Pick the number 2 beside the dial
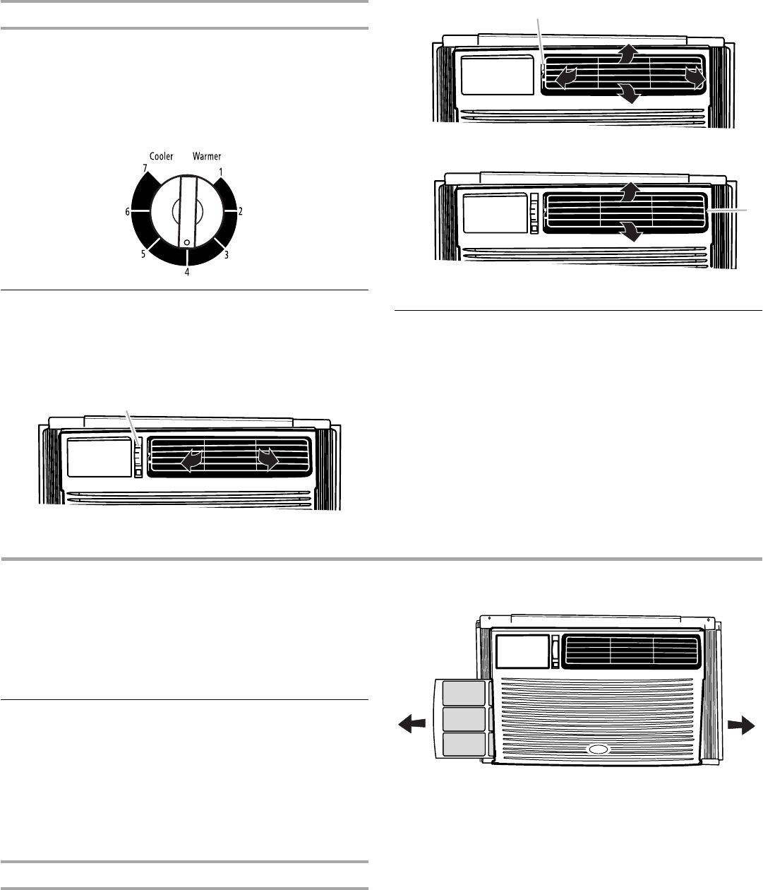[241, 211]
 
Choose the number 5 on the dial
[143, 254]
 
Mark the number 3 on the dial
[226, 254]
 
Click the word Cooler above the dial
[162, 156]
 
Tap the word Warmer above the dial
[208, 156]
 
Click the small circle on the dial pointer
[186, 242]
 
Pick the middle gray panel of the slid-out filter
[463, 719]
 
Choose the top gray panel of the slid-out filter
[463, 694]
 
